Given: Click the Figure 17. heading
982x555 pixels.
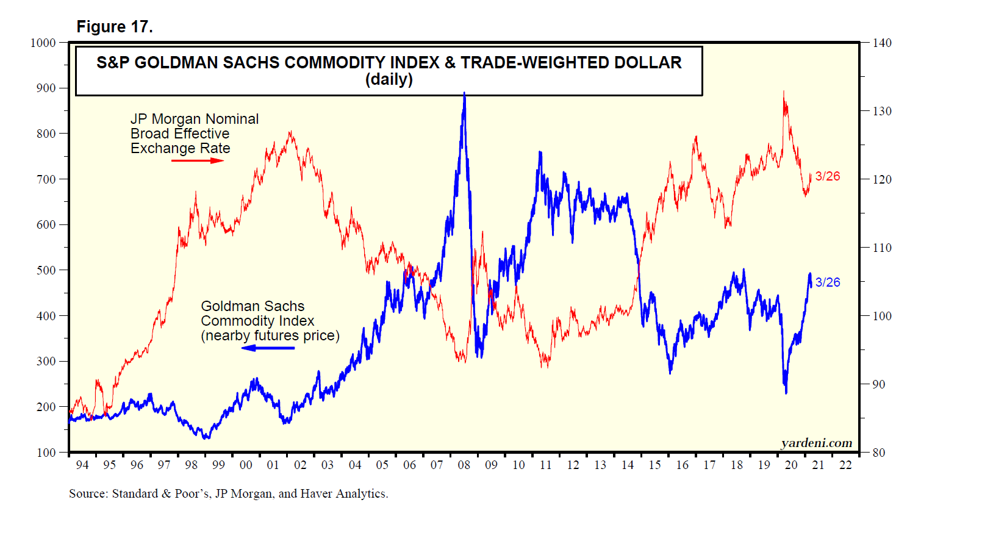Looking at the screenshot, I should pos(115,27).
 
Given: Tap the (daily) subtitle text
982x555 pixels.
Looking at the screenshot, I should pos(389,80).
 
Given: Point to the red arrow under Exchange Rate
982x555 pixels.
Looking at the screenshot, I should pos(198,160).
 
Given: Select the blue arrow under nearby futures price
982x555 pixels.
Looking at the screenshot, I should pos(268,348).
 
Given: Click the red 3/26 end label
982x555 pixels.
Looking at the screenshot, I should pos(827,176).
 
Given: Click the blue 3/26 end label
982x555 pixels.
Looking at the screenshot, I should pos(827,282).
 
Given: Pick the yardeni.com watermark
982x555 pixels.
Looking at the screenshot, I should pos(816,443).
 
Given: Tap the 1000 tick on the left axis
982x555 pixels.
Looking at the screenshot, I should pos(43,43).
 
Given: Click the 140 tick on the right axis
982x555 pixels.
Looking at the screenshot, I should pos(881,43).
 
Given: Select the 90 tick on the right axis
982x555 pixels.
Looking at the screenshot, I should pos(878,384).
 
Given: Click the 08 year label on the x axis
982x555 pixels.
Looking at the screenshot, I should pos(464,465).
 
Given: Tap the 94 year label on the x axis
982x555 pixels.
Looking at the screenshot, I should pos(82,465).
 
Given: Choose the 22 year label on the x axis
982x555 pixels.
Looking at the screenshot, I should pos(845,465).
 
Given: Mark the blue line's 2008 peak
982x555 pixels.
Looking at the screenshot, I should pos(464,93).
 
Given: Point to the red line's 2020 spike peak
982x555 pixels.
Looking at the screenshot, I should pos(784,92).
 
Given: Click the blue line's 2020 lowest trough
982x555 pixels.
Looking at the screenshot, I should pos(786,393).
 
